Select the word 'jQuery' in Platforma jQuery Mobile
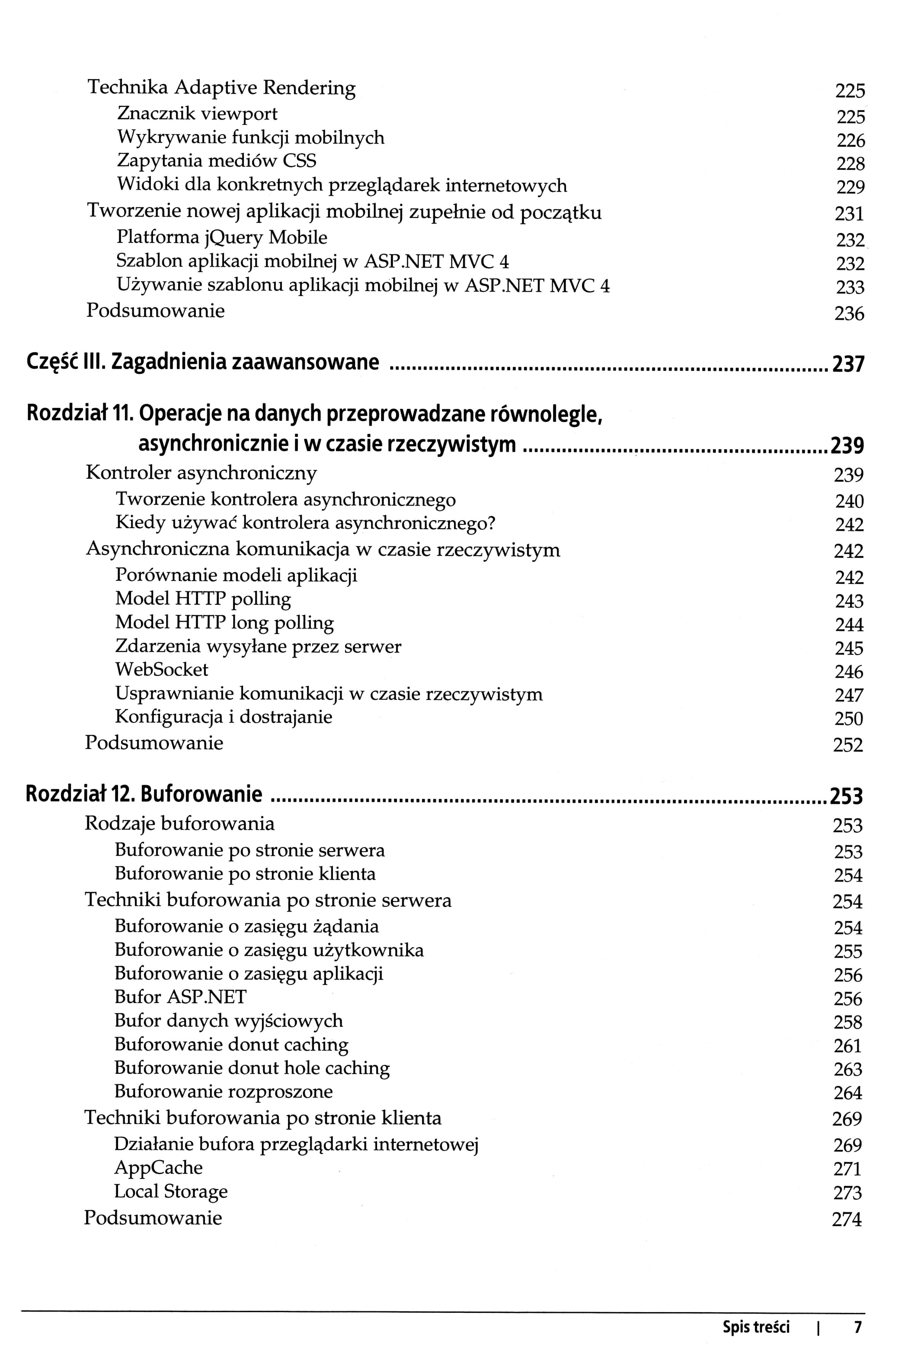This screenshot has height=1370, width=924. tap(233, 238)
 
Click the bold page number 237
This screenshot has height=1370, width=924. tap(847, 364)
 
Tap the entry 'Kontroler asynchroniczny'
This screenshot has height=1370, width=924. tap(201, 472)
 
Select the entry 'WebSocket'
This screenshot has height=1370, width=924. tap(161, 670)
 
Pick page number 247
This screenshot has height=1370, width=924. tap(849, 695)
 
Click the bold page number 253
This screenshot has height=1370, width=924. tap(846, 796)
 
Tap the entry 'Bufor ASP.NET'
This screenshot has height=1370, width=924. tap(180, 997)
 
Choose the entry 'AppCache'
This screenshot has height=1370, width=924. tap(158, 1167)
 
